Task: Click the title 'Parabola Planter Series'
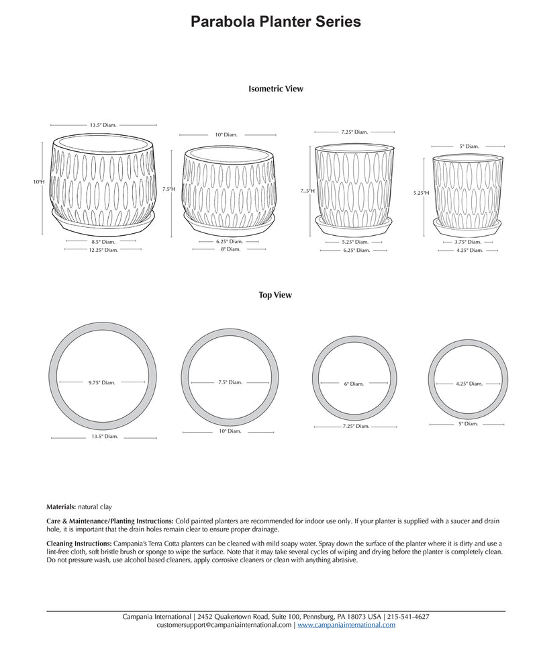coord(276,22)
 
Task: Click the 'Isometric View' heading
coord(276,89)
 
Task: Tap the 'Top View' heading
coord(275,295)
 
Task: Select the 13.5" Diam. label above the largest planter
coord(103,125)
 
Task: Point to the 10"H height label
coord(39,182)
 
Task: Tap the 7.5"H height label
coord(168,189)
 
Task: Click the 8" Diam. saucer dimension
coord(230,249)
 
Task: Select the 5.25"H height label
coord(421,193)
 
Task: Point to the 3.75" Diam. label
coord(468,242)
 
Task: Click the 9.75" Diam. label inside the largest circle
coord(101,382)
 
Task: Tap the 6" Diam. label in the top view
coord(354,384)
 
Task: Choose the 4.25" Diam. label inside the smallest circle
coord(469,384)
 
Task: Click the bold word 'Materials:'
coord(61,507)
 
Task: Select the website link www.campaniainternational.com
coord(346,625)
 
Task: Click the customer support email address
coord(224,625)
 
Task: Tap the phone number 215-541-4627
coord(408,616)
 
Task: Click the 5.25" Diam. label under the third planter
coord(354,242)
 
